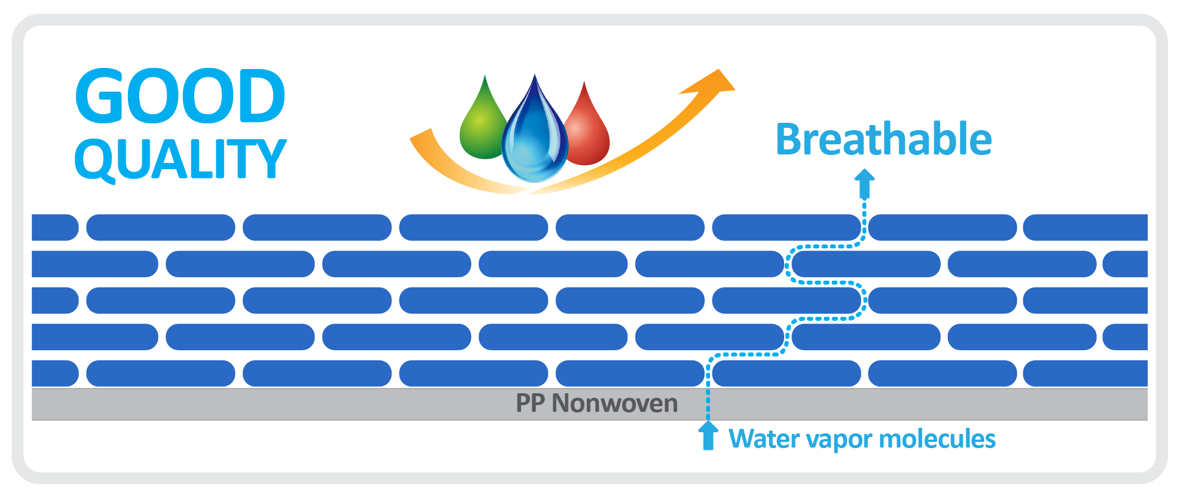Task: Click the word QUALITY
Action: coord(180,160)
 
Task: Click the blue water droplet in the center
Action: coord(535,133)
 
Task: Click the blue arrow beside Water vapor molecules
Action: coord(708,435)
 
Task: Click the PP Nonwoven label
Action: coord(597,403)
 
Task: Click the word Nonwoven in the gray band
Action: coord(615,403)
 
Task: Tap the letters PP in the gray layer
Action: coord(531,403)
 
